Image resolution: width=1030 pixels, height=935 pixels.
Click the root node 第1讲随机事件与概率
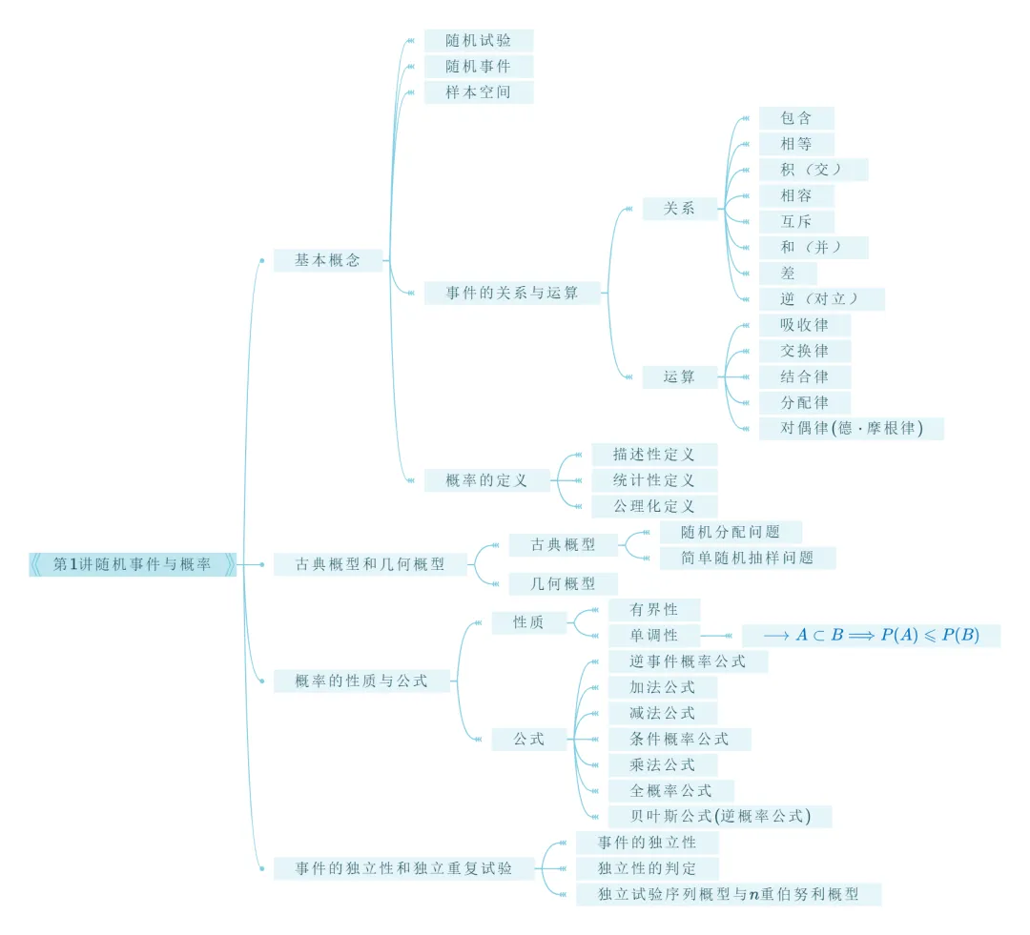(x=133, y=564)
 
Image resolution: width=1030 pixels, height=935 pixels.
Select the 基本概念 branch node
(x=327, y=260)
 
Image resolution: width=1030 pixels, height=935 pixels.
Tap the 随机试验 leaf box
(x=478, y=40)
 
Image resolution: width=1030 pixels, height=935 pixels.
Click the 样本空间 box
(x=478, y=92)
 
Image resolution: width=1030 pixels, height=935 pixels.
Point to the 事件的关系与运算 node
(x=513, y=293)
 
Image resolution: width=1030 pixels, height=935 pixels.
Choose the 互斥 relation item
(x=796, y=222)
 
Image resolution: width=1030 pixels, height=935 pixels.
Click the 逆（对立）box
(x=821, y=299)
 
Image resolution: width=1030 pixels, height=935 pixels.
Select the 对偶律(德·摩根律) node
(x=851, y=428)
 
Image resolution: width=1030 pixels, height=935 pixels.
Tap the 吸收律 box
(x=804, y=325)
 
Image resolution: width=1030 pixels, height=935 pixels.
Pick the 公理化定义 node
(x=653, y=506)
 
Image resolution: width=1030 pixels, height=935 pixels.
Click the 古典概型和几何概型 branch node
(x=370, y=564)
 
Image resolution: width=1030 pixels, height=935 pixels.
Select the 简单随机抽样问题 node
(x=747, y=558)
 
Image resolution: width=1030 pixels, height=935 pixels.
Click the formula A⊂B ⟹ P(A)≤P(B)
(x=871, y=636)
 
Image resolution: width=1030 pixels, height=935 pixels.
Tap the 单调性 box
(x=653, y=636)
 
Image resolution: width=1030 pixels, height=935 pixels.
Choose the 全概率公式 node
(x=671, y=790)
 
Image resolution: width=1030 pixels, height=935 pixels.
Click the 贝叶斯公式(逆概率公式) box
(x=719, y=816)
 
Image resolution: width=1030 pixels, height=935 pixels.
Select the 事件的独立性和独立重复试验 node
(x=403, y=868)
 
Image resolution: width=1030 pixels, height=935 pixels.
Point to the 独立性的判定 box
(x=647, y=868)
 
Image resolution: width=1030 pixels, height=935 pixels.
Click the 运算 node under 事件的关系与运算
(x=679, y=376)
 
